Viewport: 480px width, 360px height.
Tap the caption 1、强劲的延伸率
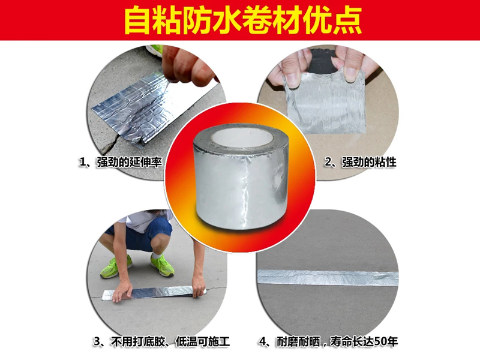click(120, 162)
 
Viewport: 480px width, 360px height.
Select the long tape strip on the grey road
click(328, 277)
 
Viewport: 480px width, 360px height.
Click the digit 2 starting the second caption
click(328, 162)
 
